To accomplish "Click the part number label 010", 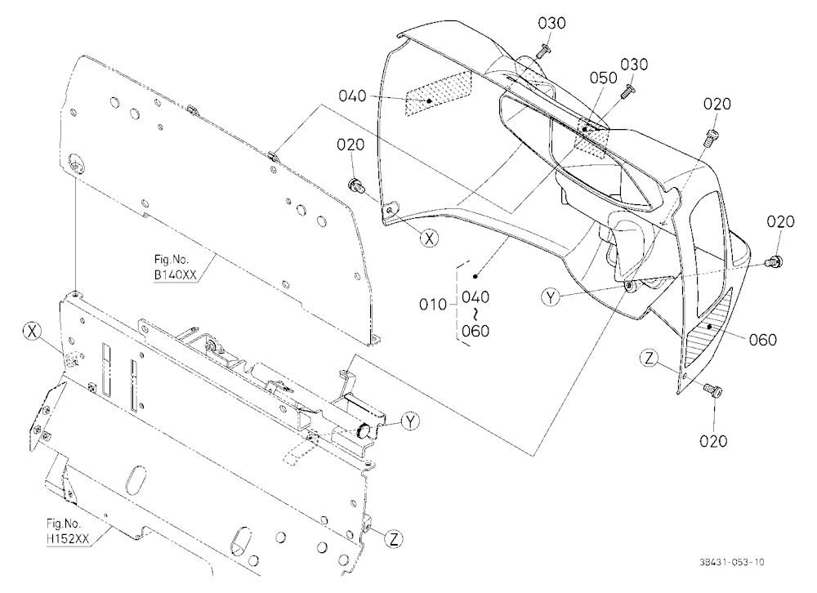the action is point(433,304).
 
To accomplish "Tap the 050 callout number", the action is point(604,78).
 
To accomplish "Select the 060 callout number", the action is point(763,340).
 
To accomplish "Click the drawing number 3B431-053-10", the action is point(732,562).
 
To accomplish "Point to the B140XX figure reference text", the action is point(176,274).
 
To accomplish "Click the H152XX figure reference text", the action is point(68,539).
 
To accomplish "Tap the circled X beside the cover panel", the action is point(430,239).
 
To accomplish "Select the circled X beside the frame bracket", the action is point(33,330).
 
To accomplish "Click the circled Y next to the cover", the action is point(551,297).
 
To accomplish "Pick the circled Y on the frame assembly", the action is point(411,421).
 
